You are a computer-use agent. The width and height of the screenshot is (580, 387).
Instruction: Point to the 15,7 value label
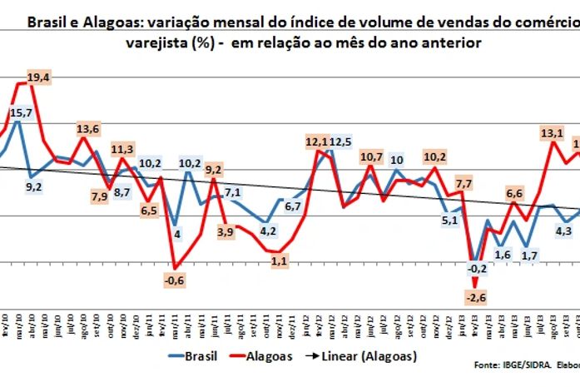[22, 112]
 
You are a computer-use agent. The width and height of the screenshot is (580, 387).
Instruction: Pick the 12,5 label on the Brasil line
[340, 143]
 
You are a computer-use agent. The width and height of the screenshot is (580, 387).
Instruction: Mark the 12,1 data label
[316, 143]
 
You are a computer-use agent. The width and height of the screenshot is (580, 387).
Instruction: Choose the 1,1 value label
[280, 261]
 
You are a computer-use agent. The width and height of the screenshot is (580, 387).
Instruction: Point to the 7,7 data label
[464, 182]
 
